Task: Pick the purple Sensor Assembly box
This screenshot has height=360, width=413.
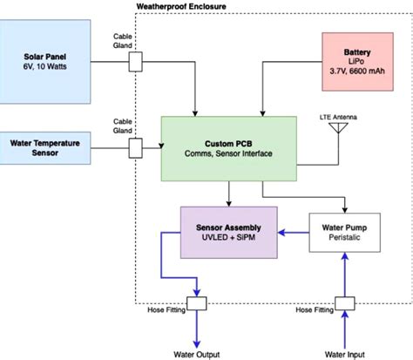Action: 228,231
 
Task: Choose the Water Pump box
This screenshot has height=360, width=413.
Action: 346,231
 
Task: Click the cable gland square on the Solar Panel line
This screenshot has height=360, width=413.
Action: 135,62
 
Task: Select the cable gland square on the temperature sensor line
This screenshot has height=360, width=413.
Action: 135,149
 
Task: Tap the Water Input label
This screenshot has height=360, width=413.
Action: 346,353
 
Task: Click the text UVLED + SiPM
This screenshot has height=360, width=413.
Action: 228,238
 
